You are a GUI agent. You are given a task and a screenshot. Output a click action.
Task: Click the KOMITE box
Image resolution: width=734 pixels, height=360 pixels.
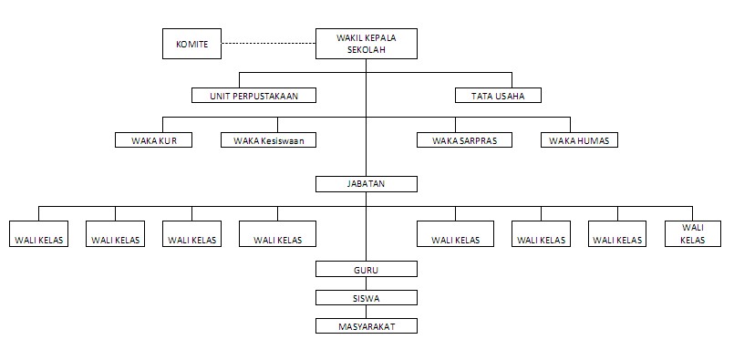coord(191,44)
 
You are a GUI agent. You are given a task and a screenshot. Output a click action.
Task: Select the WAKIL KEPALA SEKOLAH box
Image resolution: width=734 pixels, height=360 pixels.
coord(366,44)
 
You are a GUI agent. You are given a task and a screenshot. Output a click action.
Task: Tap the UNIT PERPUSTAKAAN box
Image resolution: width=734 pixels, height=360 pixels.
coord(253,95)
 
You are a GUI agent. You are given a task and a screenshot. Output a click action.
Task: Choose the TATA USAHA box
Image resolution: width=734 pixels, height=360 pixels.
coord(498,95)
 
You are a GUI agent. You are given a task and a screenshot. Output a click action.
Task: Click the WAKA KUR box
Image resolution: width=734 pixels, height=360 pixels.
coord(153,140)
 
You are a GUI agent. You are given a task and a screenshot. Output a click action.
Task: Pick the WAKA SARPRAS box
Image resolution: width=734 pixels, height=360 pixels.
coord(464,140)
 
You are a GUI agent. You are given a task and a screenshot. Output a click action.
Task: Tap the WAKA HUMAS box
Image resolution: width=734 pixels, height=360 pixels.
coord(580,140)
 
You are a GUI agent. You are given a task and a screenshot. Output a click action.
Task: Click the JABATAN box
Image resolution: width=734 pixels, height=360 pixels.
coord(366,184)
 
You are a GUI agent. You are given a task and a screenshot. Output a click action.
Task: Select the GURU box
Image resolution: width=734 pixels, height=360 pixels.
coord(366,269)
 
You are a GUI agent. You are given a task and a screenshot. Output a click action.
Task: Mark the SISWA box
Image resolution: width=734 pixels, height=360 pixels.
coord(366,297)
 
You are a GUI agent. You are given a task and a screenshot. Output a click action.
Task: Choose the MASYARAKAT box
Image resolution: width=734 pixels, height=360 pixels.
coord(366,324)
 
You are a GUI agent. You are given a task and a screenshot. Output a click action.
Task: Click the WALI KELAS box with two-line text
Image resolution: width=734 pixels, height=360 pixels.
coord(692,233)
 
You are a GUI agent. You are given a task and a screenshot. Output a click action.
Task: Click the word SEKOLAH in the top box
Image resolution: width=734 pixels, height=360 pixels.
coord(367,50)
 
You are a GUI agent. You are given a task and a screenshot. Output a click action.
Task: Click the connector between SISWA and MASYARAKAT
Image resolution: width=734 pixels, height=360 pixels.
coord(366,311)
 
